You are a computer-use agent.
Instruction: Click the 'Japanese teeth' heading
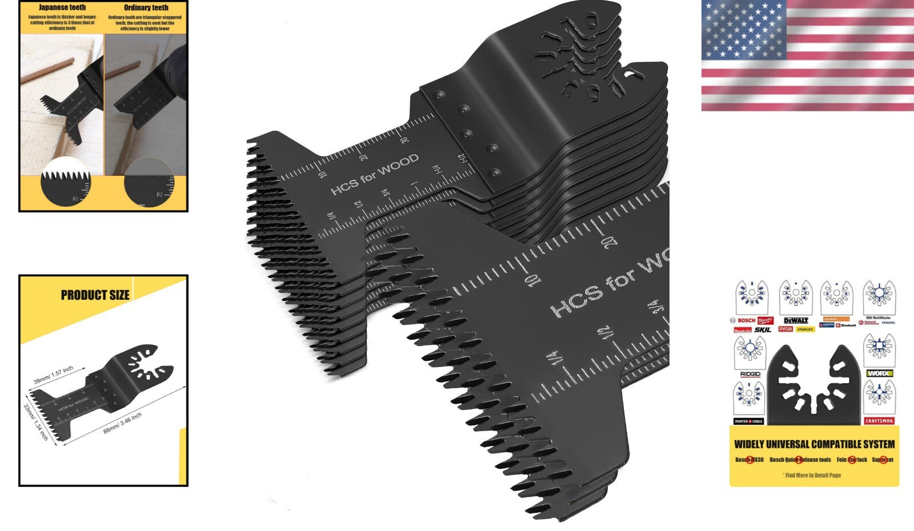pos(62,7)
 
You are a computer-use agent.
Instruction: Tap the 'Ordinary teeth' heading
pos(146,7)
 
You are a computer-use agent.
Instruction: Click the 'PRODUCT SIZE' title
pos(95,295)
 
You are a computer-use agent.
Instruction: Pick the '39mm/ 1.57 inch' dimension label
pos(53,375)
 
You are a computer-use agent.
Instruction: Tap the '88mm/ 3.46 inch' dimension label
pos(122,423)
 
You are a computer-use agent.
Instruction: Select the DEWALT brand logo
pos(796,320)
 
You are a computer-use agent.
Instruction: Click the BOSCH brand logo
pos(745,320)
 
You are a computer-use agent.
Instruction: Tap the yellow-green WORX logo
pos(879,373)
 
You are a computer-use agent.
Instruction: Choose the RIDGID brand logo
pos(749,375)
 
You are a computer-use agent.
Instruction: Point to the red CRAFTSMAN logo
pos(879,421)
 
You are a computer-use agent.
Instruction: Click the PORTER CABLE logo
pos(749,421)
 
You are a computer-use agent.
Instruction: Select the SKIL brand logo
pos(763,329)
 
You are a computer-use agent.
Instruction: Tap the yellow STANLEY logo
pos(805,329)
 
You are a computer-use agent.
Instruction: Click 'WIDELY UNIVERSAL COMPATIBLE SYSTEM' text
pos(814,444)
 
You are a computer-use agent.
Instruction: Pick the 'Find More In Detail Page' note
pos(813,475)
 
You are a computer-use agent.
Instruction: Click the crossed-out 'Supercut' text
pos(883,460)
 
